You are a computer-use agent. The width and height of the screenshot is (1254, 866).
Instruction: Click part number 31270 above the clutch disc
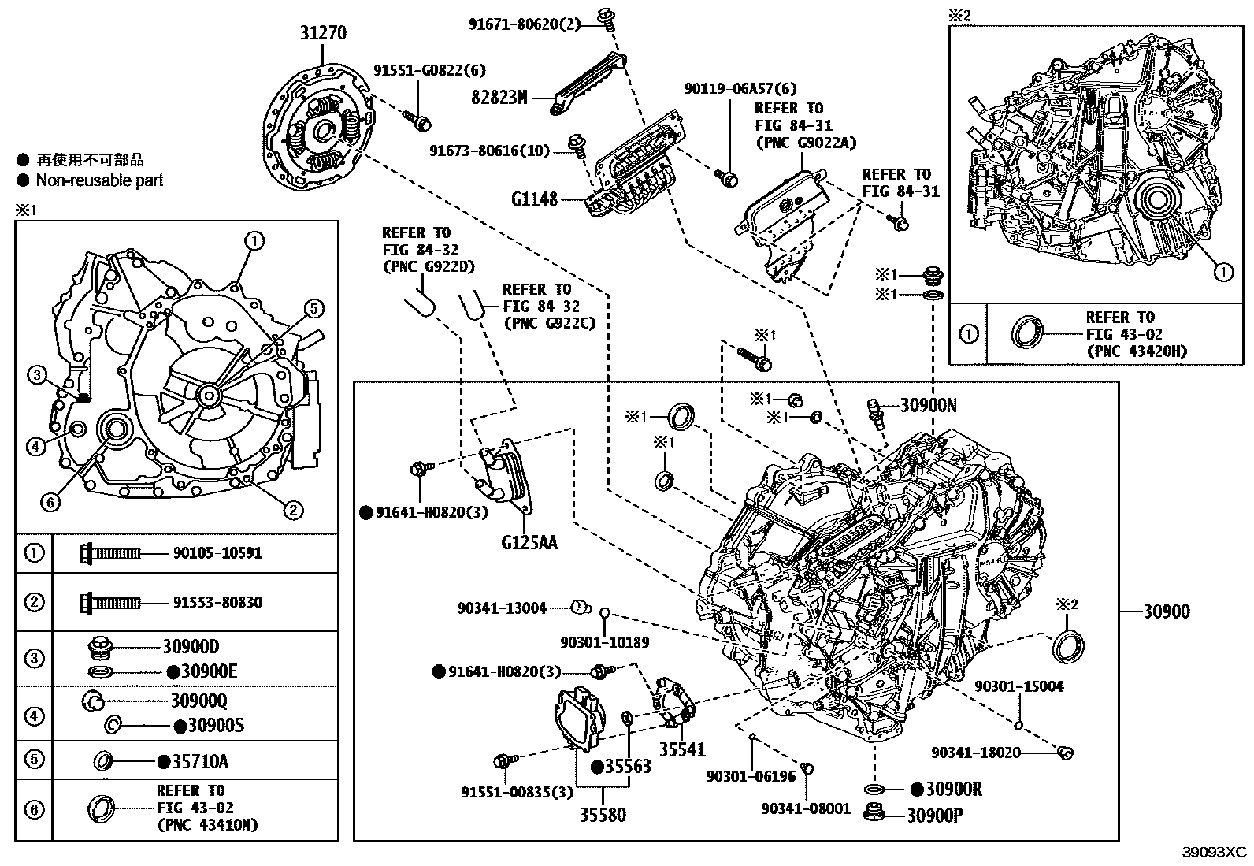(323, 33)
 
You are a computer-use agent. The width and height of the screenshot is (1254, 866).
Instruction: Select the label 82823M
(499, 98)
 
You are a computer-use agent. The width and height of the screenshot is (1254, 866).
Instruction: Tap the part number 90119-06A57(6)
(740, 88)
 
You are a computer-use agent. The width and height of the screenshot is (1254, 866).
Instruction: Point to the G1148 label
(535, 199)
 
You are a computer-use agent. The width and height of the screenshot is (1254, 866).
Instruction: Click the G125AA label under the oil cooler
(529, 543)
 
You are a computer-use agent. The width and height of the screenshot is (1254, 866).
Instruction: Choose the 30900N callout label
(928, 405)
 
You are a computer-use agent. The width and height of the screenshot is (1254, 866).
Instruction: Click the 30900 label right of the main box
(1167, 611)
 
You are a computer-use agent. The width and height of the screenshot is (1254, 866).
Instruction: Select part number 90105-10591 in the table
(217, 553)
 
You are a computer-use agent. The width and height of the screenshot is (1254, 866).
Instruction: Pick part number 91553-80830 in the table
(217, 602)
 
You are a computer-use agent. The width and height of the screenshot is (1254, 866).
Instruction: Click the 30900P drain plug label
(935, 816)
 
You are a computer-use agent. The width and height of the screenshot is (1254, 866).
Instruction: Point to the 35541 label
(682, 749)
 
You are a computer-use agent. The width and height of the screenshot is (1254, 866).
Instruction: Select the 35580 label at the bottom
(603, 815)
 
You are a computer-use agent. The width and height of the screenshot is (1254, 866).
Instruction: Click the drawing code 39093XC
(1215, 852)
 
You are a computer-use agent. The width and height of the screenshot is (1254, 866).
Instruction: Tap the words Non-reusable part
(99, 180)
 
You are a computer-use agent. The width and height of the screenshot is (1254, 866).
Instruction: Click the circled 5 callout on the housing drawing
(314, 309)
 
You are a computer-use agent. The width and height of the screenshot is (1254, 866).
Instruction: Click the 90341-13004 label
(503, 608)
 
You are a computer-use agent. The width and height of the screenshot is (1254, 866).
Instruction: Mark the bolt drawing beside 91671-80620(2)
(607, 19)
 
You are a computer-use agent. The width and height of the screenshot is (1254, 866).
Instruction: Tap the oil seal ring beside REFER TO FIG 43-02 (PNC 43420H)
(1028, 333)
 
